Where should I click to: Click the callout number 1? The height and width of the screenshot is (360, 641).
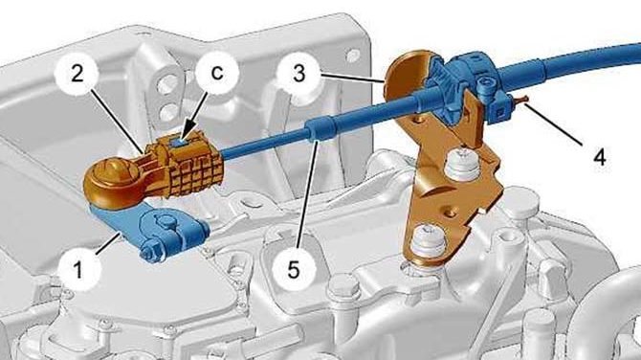(x=77, y=269)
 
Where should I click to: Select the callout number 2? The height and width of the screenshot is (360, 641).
(x=77, y=74)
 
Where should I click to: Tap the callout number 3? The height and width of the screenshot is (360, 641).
(x=298, y=74)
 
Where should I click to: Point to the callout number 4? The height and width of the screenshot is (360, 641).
(x=599, y=156)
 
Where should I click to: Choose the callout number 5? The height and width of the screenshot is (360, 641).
(x=293, y=270)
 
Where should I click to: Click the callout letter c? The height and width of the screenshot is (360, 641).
(x=217, y=73)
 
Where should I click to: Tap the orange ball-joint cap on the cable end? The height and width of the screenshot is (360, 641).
(x=111, y=180)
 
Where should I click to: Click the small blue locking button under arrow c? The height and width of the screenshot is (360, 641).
(x=180, y=142)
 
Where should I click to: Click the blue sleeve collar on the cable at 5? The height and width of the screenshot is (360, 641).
(x=322, y=128)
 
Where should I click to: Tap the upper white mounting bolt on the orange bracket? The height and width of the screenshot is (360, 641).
(x=462, y=164)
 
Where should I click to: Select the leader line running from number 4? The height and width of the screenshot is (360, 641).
(x=553, y=124)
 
